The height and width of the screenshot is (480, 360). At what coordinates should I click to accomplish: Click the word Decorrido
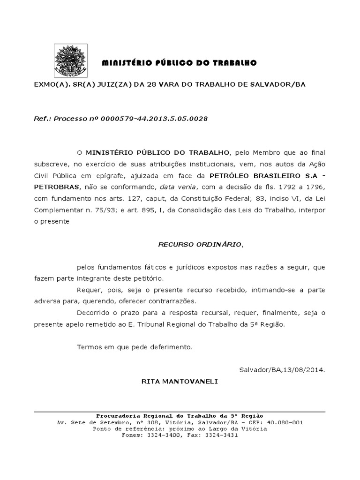click(x=92, y=312)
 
